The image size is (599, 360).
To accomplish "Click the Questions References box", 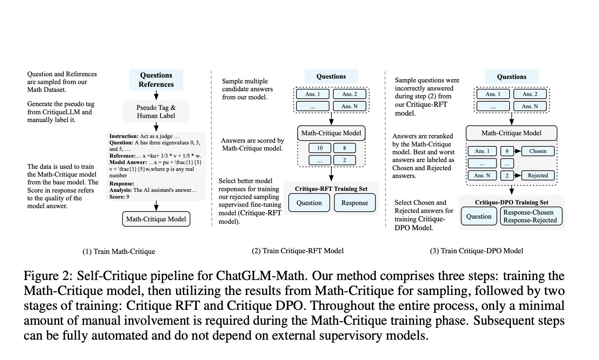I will [x=156, y=80].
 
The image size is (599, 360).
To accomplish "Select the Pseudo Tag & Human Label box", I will [x=156, y=112].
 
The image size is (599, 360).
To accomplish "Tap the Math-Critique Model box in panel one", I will [x=156, y=219].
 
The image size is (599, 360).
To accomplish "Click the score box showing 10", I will [x=320, y=148].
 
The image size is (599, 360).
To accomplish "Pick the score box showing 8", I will [x=345, y=148].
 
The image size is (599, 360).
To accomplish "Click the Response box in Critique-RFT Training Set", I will [x=355, y=203].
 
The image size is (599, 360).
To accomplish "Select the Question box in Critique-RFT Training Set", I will [x=309, y=203].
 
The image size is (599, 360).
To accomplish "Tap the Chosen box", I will [x=538, y=151].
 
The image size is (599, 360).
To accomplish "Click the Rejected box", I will [x=538, y=175].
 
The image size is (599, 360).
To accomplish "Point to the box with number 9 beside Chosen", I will [x=507, y=151].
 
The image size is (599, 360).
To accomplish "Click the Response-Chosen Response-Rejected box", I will [x=531, y=216].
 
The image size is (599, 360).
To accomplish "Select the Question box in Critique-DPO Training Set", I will [x=479, y=216].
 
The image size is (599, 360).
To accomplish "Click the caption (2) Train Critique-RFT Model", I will [x=297, y=251].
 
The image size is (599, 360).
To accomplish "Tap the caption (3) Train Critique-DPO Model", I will [x=476, y=251].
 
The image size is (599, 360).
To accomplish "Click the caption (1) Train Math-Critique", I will [x=119, y=252].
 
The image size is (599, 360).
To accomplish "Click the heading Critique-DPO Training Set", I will [x=512, y=202].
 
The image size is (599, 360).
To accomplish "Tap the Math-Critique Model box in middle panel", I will [x=331, y=133].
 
